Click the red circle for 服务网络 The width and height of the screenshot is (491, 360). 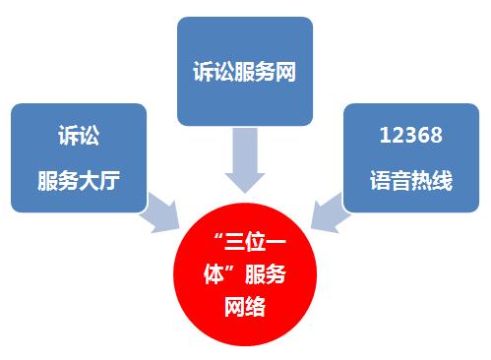pos(244,278)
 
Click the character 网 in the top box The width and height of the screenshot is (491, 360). pos(287,73)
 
